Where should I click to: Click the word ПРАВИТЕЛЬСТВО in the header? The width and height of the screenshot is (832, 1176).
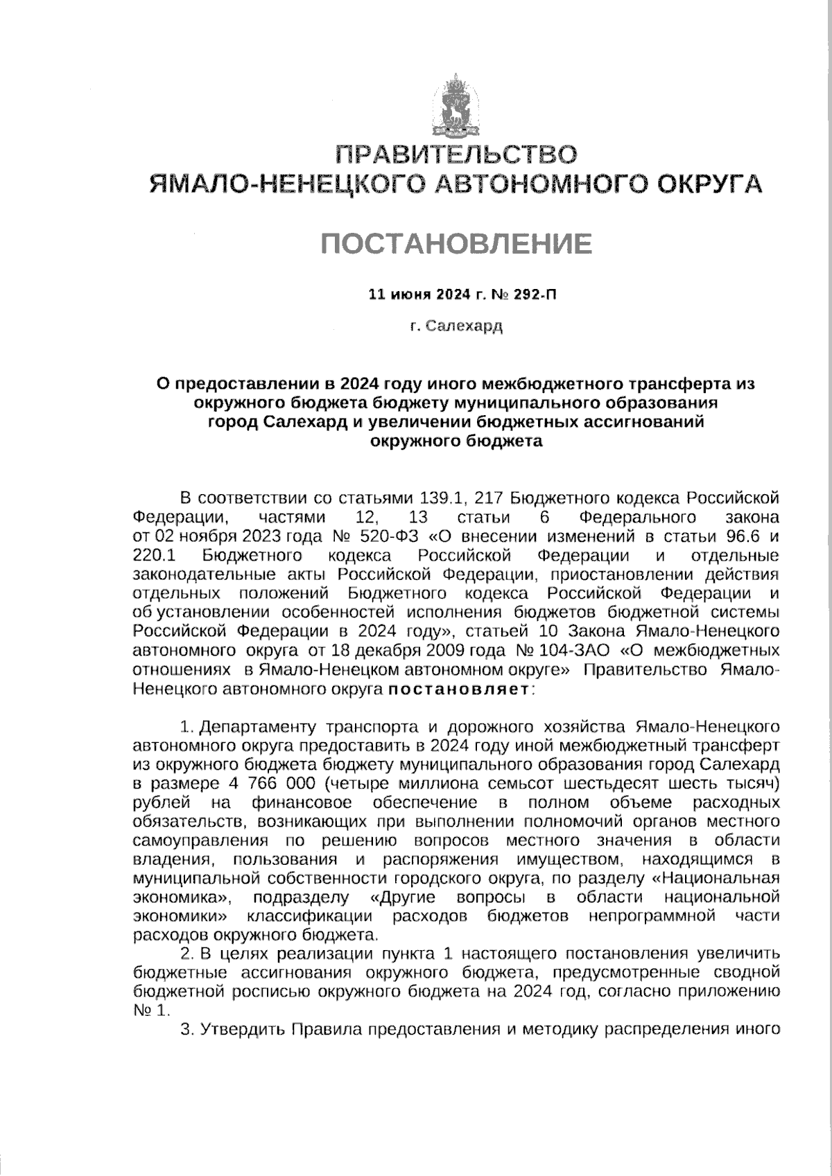pyautogui.click(x=456, y=154)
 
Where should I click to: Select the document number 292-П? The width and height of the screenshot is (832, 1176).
pyautogui.click(x=535, y=295)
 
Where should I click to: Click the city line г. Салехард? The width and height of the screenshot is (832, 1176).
pyautogui.click(x=456, y=325)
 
